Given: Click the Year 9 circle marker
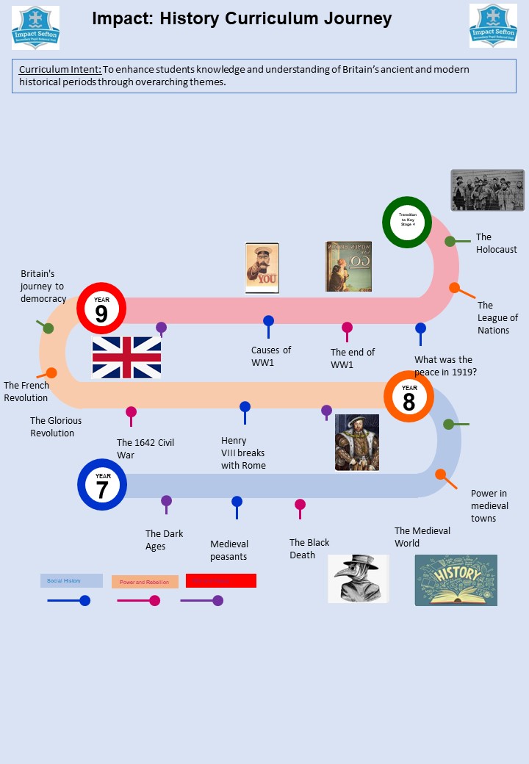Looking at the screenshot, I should pos(101,309).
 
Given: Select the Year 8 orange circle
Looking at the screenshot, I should pos(409,397).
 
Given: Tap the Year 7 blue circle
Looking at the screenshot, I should pos(102,485).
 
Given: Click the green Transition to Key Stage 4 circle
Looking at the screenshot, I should pos(407,222).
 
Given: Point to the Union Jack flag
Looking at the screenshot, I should pos(126,357).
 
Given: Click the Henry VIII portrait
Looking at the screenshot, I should pos(357,442).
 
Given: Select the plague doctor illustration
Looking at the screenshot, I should pos(358,579).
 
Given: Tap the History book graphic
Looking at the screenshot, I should pos(456,580).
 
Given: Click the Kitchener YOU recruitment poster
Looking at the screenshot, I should pos(262,268).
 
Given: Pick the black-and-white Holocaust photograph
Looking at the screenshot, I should pos(487,190).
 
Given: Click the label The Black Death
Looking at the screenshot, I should pos(309,549).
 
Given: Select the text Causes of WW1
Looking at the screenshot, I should pos(271,356).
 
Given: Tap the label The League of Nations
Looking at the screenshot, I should pos(497,317).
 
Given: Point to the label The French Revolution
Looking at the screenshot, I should pos(26,392).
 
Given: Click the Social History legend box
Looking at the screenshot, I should pos(71,581).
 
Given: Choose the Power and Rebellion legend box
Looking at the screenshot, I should pos(145,582).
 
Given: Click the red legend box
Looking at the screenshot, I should pos(220,581).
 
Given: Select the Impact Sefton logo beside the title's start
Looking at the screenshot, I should pos(35,27).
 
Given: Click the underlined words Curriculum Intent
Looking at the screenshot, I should pos(60,70).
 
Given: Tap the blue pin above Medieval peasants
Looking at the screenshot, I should pos(237,502).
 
